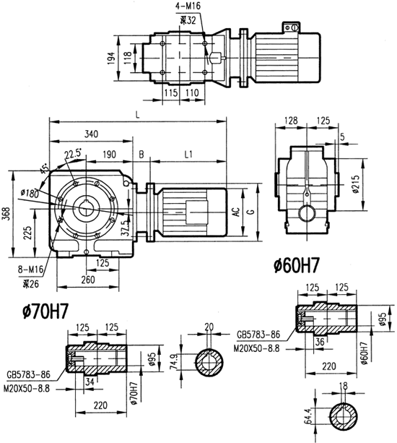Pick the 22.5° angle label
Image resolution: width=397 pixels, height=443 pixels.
click(72, 154)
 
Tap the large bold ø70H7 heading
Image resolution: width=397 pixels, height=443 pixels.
click(45, 312)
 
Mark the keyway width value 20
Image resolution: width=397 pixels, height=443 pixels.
click(209, 326)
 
